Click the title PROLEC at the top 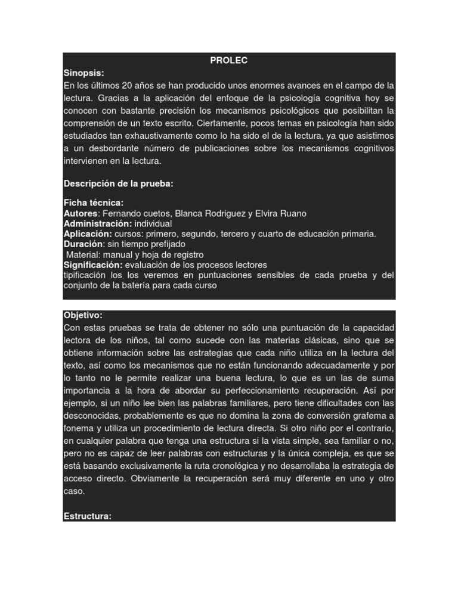tap(229, 60)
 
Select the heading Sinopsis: tap(83, 73)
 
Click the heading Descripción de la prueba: tap(118, 183)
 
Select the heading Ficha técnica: tap(93, 203)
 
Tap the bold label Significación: tap(93, 264)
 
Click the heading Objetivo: tap(82, 315)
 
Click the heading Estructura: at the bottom tap(87, 516)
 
